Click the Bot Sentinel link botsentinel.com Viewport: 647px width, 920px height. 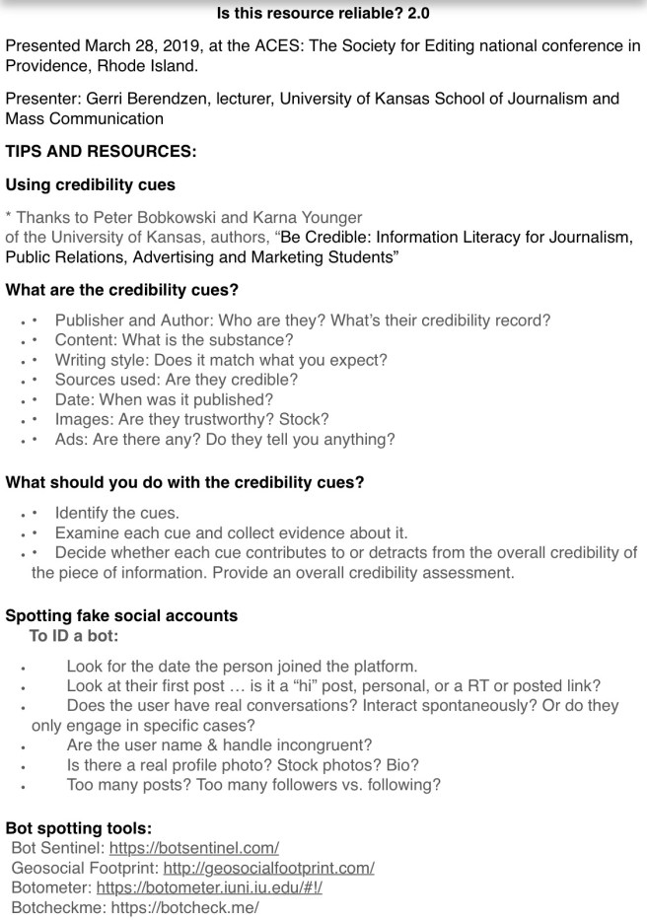tap(193, 848)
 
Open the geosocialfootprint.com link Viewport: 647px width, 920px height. tap(268, 868)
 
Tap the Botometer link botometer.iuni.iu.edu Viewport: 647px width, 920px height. tap(209, 887)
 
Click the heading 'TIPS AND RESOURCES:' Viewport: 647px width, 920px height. tap(101, 152)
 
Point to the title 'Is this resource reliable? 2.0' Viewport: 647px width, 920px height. tap(323, 14)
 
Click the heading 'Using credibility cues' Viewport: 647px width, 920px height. tap(90, 184)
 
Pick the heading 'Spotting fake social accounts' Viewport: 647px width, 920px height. tap(121, 615)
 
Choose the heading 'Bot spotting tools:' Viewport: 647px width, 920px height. tap(78, 828)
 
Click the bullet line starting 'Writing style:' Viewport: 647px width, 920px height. tap(221, 360)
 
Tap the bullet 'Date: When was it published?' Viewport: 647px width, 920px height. tap(164, 399)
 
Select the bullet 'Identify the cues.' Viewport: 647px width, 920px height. tap(117, 513)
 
